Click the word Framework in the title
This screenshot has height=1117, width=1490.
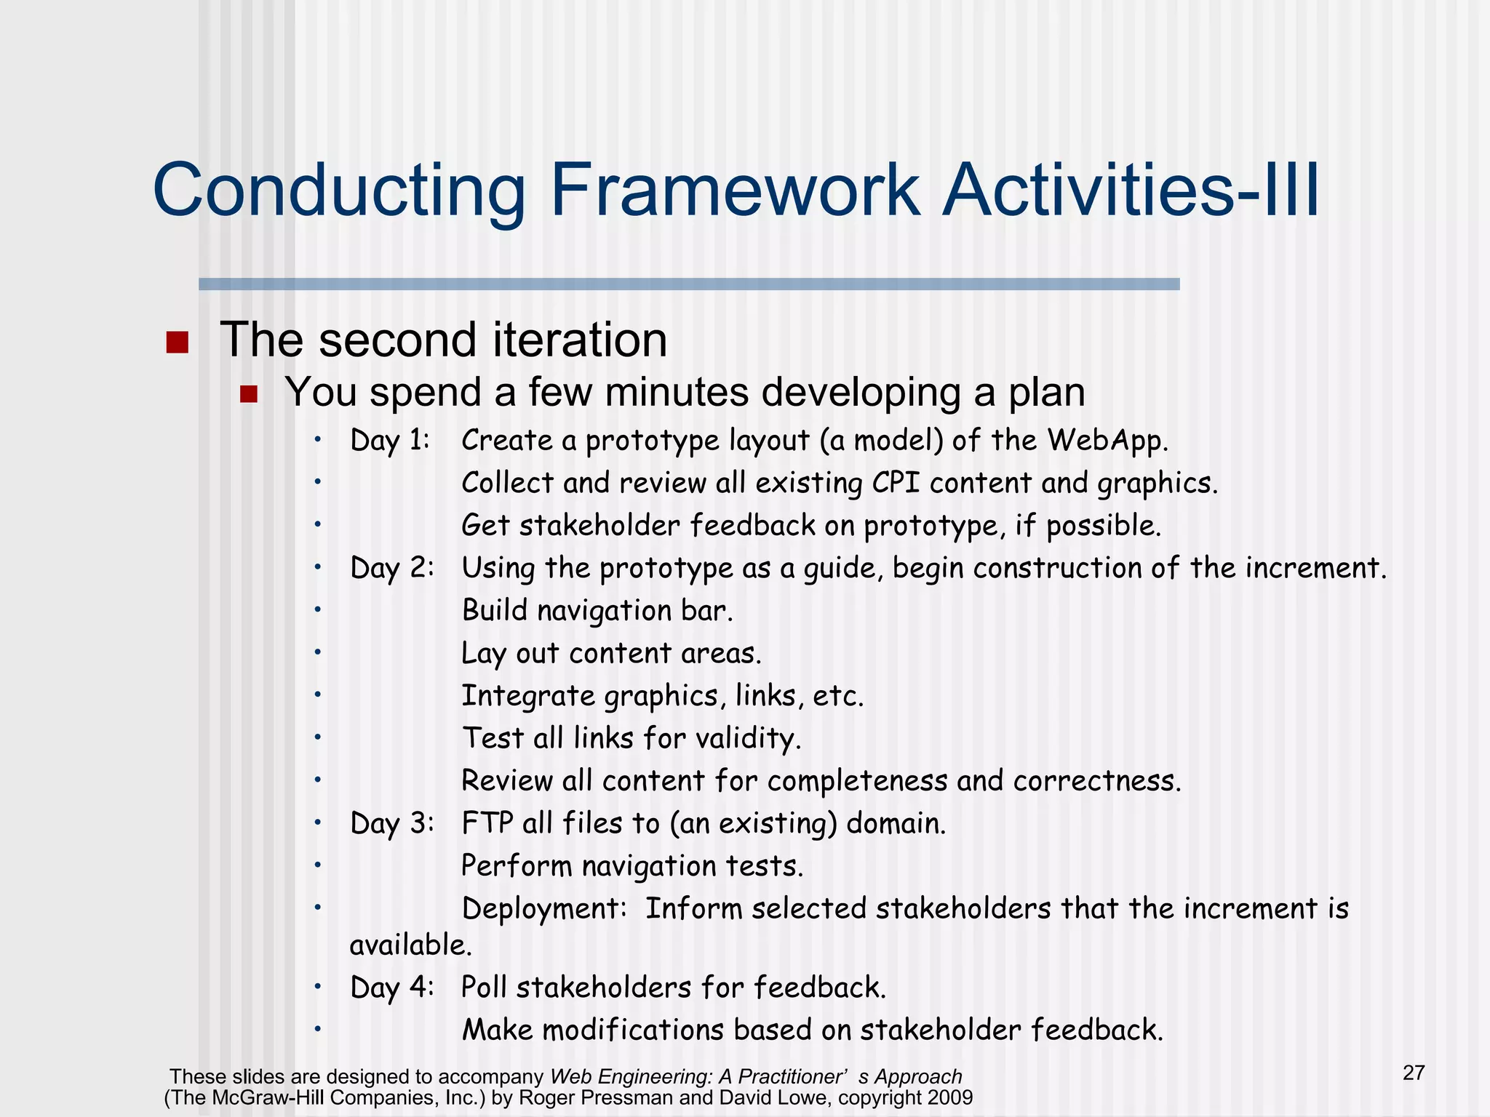coord(735,191)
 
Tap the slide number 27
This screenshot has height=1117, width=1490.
coord(1414,1073)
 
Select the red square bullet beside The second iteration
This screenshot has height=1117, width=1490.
coord(177,342)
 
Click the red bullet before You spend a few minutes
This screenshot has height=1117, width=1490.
coord(249,394)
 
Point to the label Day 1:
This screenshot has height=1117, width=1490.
coord(390,441)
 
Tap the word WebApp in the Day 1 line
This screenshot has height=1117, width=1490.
coord(1107,441)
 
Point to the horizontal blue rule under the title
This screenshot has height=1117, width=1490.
coord(688,284)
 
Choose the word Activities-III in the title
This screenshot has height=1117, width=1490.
coord(1130,191)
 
